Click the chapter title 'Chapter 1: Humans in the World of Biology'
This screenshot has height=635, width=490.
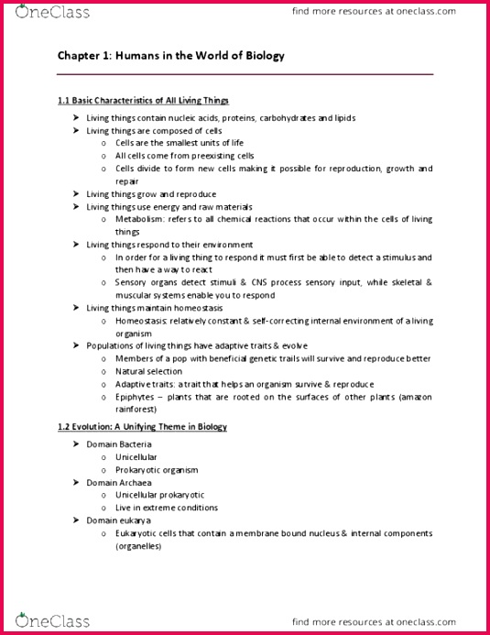[171, 56]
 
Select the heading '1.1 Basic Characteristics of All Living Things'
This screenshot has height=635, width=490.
[143, 100]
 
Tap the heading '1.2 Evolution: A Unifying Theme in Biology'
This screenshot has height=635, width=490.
[142, 427]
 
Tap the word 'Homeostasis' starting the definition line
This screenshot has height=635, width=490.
[142, 321]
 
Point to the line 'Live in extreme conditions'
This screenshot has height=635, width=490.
[167, 507]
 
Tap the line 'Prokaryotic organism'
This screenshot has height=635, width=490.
[158, 468]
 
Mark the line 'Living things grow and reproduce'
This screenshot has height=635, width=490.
[151, 194]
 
